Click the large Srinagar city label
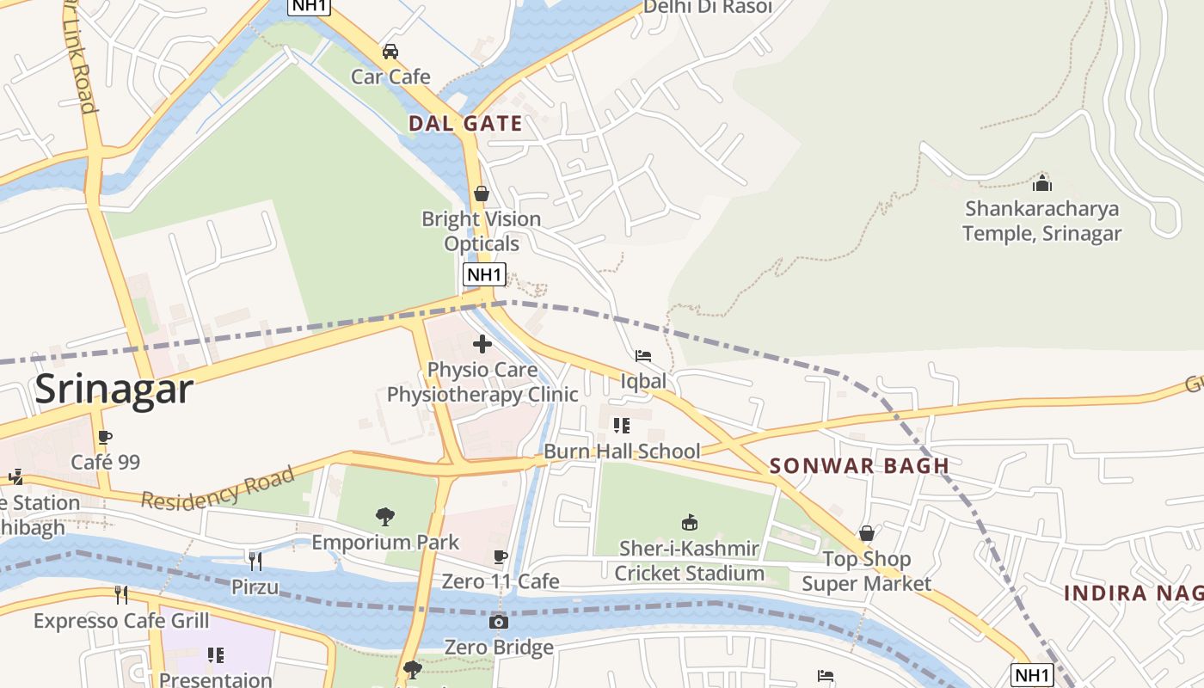tap(114, 390)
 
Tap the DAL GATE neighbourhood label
tap(465, 124)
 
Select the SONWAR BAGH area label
tap(859, 466)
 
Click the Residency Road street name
tap(218, 488)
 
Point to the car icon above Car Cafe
tap(390, 52)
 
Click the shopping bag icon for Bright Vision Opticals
tap(482, 193)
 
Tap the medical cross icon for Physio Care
tap(482, 344)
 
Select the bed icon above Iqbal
tap(643, 356)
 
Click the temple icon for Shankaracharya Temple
tap(1042, 183)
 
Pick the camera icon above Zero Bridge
tap(499, 622)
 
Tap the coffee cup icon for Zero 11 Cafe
tap(501, 556)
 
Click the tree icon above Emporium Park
tap(385, 517)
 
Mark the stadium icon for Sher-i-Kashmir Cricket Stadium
tap(690, 522)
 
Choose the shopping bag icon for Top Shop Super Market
tap(867, 533)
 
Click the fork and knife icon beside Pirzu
tap(255, 562)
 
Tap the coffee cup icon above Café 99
tap(105, 437)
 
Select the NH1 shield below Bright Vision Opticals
tap(483, 275)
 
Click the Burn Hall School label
tap(622, 451)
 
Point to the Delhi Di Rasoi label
tap(708, 7)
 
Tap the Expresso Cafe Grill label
tap(121, 620)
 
